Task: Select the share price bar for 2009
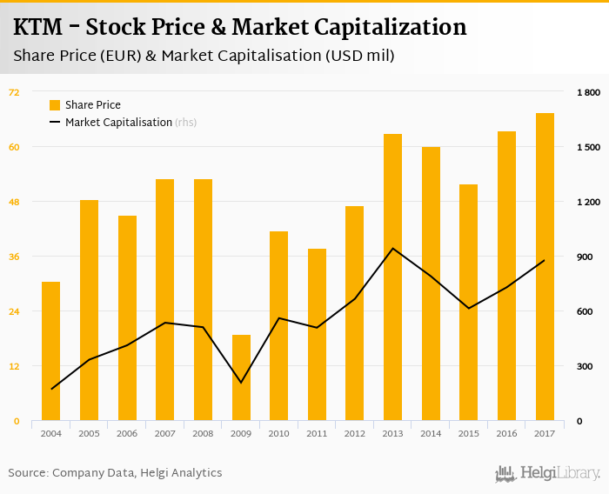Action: (241, 377)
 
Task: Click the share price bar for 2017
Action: (545, 267)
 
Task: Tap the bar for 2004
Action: (51, 351)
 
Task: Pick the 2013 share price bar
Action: (393, 277)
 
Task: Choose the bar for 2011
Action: (317, 335)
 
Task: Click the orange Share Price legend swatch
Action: (55, 105)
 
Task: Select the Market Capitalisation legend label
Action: (118, 123)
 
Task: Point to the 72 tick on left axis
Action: (14, 92)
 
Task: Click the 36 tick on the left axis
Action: (14, 257)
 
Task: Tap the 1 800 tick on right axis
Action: (588, 92)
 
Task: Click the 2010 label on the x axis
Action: (278, 433)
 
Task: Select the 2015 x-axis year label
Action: (468, 433)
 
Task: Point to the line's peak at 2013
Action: (393, 249)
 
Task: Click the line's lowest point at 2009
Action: (241, 383)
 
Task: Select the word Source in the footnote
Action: (26, 473)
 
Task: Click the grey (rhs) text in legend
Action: (186, 123)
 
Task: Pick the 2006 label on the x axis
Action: (127, 433)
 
